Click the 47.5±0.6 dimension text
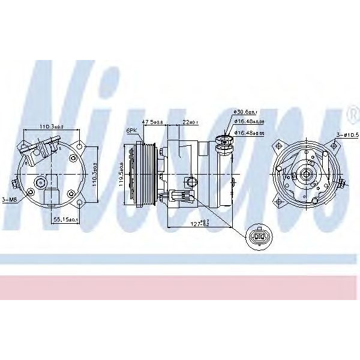coord(152,122)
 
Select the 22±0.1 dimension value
coord(190,122)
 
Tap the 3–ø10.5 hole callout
coord(347,135)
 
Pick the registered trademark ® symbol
coord(351,113)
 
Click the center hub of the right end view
coord(307,175)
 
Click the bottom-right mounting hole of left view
coord(72,193)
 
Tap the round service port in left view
coord(41,182)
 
